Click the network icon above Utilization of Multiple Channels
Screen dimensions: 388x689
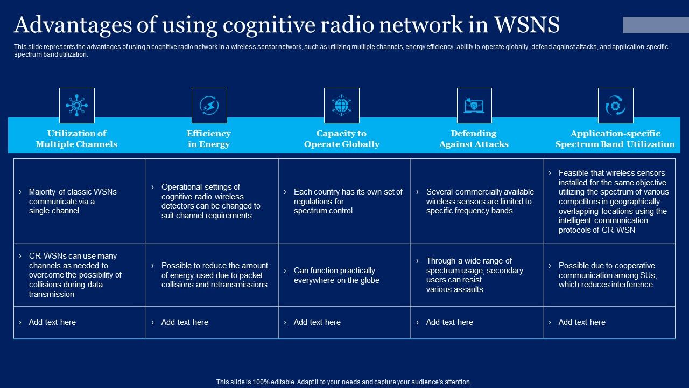tap(76, 106)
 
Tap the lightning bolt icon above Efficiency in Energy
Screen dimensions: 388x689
tap(209, 106)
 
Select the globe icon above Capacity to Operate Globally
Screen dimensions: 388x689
tap(341, 106)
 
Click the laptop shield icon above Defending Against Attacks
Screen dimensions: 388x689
tap(474, 106)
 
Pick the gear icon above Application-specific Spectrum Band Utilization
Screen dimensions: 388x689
tap(615, 106)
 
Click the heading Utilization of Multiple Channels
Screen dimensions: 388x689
tap(76, 138)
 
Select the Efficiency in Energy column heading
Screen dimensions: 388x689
tap(209, 138)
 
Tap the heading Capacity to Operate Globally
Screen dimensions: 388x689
tap(341, 138)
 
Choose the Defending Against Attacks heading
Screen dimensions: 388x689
tap(474, 138)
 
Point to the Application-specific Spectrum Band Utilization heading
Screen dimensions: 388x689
tap(615, 138)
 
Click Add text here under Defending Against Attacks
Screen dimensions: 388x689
tap(449, 322)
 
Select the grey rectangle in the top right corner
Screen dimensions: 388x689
tap(656, 25)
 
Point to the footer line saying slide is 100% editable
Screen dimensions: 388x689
tap(344, 382)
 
